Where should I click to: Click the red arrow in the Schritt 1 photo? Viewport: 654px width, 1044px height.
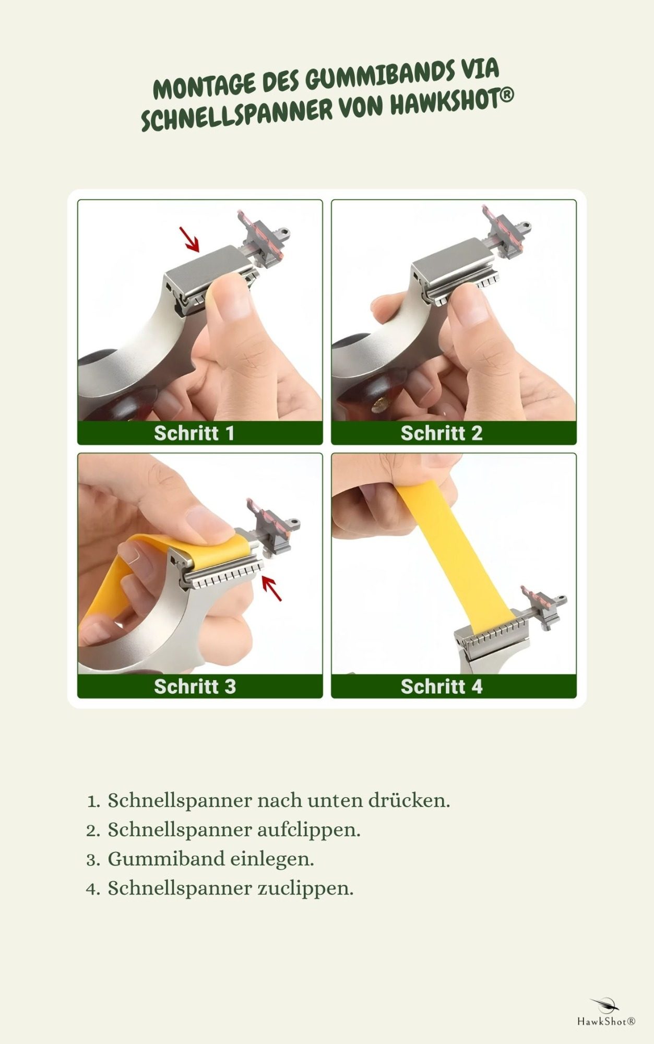point(189,240)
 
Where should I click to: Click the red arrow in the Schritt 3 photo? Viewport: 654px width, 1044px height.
point(271,588)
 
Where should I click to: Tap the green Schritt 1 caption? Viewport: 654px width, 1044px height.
point(200,433)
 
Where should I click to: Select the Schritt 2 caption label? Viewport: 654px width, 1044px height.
point(454,433)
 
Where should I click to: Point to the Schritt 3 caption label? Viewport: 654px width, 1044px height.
point(200,686)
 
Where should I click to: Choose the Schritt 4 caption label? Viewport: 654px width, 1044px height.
point(454,686)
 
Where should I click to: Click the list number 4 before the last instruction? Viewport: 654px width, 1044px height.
point(93,888)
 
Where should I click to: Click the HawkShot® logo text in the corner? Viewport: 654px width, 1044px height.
point(606,1021)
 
